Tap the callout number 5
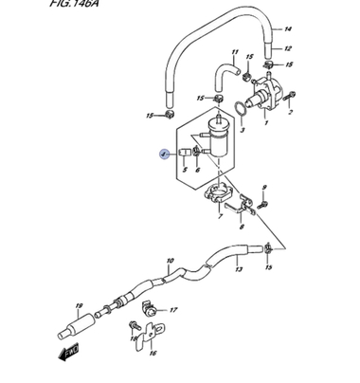point(185,173)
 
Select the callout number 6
point(198,173)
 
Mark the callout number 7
point(221,217)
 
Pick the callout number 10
point(170,260)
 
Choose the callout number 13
point(238,270)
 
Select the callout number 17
point(173,309)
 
